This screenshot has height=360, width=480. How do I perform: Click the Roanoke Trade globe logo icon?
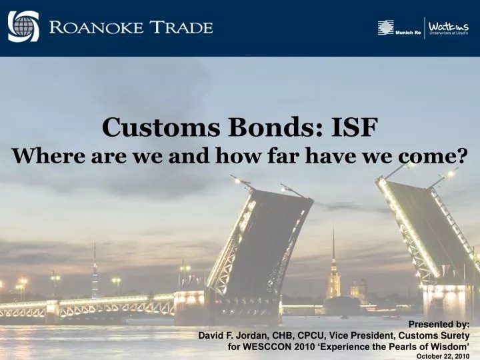[23, 27]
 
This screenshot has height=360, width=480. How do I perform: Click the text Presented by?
[443, 324]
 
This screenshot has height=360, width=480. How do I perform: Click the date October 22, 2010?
[443, 357]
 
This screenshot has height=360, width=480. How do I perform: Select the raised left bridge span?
[260, 240]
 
